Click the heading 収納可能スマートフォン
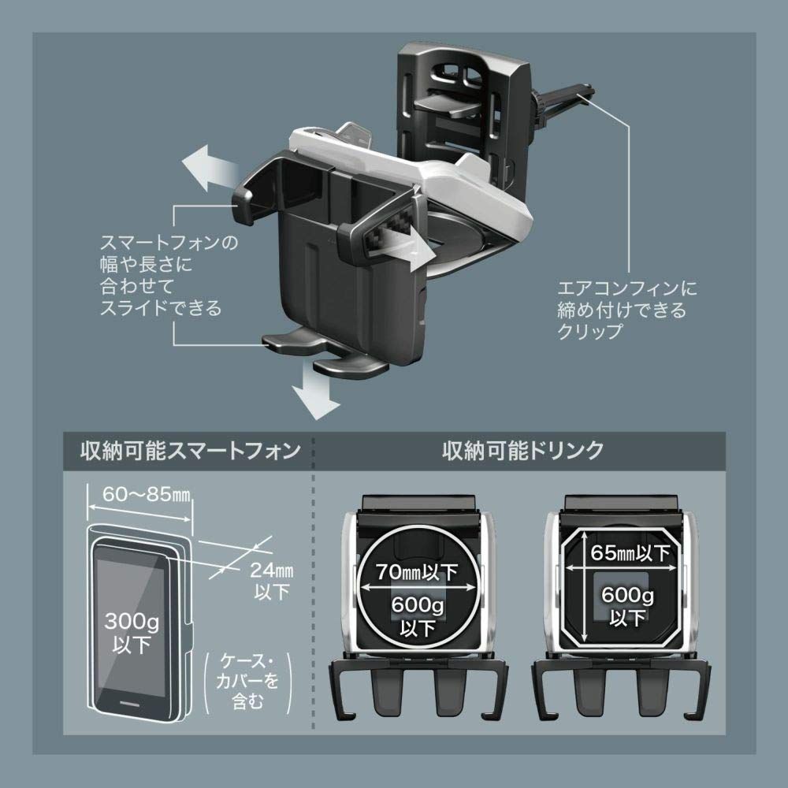coord(191,450)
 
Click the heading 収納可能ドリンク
coord(523,450)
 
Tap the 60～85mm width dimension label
coord(147,495)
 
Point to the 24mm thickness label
coord(272,570)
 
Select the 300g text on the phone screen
coord(132,622)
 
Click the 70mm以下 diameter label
coord(417,572)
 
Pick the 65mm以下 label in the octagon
coord(630,553)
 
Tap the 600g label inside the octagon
coord(628,596)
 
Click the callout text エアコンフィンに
coord(627,288)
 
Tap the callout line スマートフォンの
coord(169,243)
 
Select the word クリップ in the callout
coord(589,332)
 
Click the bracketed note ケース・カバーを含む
coord(247,682)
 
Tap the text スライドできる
coord(161,307)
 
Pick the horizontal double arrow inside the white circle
coord(418,586)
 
